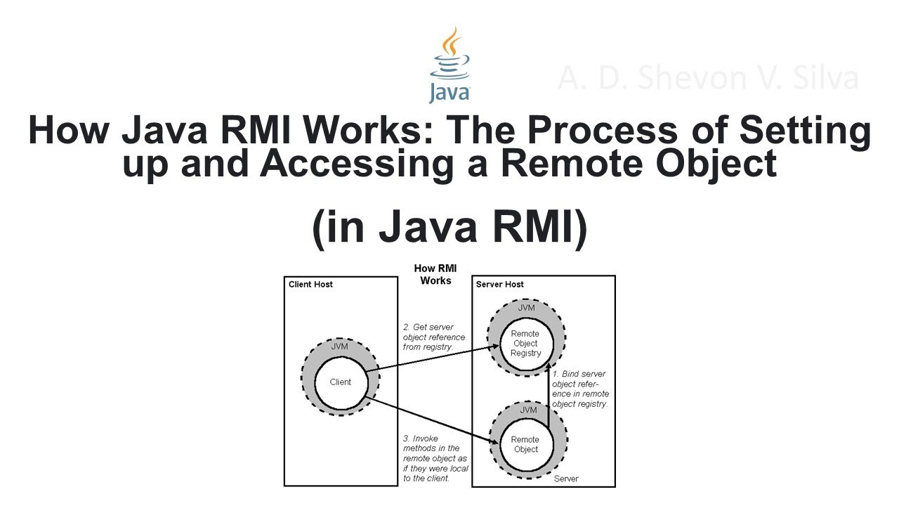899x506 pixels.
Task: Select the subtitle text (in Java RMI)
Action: (x=449, y=228)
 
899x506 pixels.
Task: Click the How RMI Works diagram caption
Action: (x=435, y=274)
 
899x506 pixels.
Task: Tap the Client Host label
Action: (x=311, y=285)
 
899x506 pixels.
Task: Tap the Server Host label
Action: (x=500, y=285)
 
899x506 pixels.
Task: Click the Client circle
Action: (x=341, y=382)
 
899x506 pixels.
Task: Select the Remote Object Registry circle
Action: (x=525, y=344)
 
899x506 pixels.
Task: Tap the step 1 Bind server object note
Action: (x=580, y=389)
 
